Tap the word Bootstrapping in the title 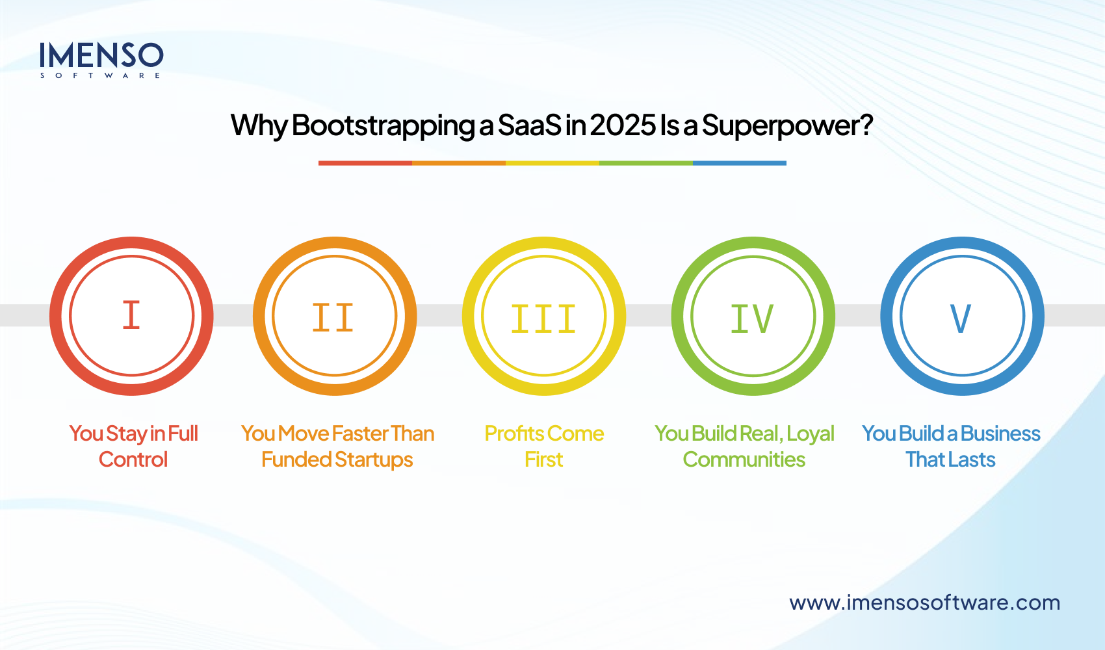(x=383, y=125)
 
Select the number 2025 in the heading (x=623, y=125)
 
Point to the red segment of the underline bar (x=365, y=163)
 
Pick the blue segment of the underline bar (x=739, y=163)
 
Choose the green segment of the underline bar (x=645, y=163)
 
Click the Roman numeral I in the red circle (x=131, y=315)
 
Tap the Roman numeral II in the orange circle (x=333, y=318)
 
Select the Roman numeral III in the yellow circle (x=543, y=319)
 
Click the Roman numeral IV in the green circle (x=752, y=318)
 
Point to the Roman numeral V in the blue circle (x=961, y=318)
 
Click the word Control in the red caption (x=133, y=460)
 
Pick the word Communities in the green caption (x=744, y=460)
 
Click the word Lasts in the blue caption (x=972, y=460)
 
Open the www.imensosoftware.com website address (x=924, y=603)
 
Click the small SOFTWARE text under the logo (x=101, y=76)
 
